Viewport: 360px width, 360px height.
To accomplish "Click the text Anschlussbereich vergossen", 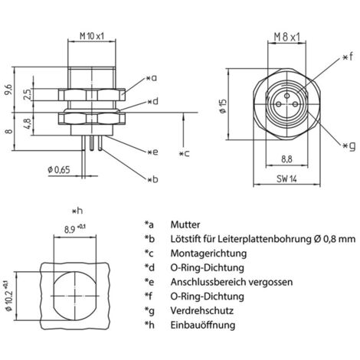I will (232, 282).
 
